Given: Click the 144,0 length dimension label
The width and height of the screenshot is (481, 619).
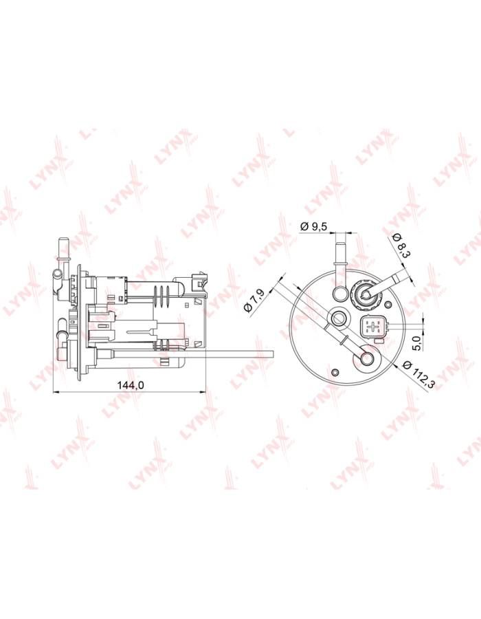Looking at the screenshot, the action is click(x=131, y=385).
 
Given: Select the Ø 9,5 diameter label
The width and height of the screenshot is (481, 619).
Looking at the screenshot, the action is click(x=314, y=226).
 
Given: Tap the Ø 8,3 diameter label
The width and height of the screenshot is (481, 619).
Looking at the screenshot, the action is click(x=401, y=245).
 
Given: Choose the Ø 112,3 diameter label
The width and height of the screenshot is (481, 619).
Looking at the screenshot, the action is click(x=418, y=373).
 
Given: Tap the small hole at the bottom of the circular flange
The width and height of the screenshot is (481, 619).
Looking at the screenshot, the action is click(x=335, y=372).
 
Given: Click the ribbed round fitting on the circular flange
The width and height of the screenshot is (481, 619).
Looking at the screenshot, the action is click(x=363, y=293).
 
